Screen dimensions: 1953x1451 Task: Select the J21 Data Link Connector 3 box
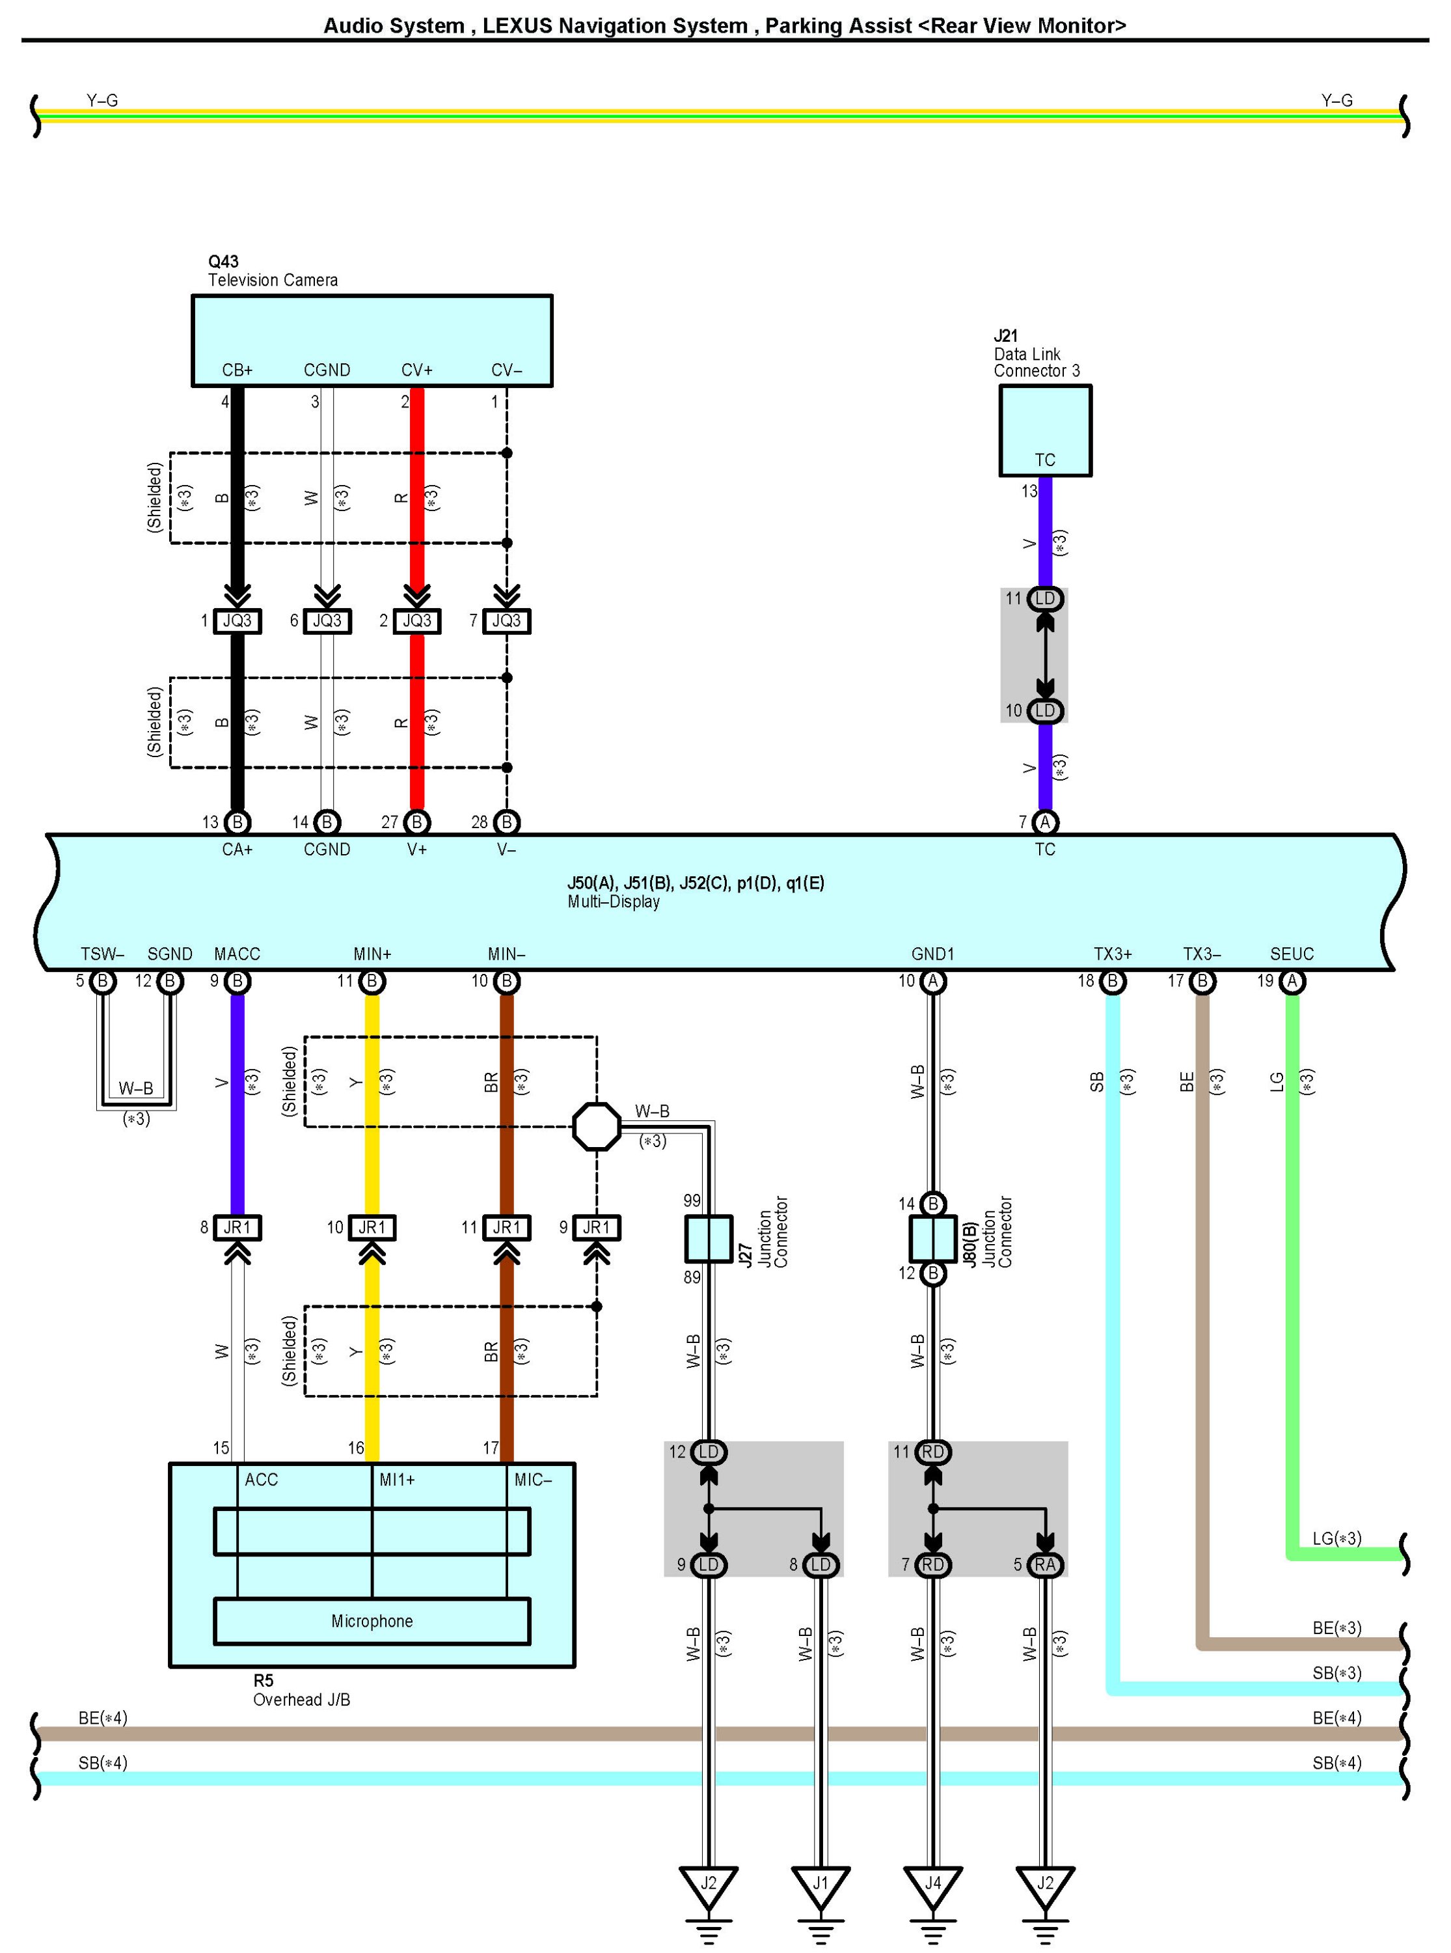coord(1044,430)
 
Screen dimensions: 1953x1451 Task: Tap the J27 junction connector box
coord(708,1239)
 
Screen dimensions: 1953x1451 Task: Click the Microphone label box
coord(372,1621)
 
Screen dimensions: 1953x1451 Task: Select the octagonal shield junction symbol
coord(597,1126)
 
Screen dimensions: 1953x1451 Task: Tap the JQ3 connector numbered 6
coord(327,621)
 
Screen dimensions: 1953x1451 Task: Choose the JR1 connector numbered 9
coord(597,1227)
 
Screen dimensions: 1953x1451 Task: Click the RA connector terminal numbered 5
coord(1044,1565)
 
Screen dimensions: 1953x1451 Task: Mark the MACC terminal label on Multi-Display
coord(237,954)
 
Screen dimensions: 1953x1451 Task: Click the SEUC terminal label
coord(1291,954)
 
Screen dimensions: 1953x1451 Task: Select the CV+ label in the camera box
coord(417,370)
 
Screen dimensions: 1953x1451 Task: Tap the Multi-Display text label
coord(613,902)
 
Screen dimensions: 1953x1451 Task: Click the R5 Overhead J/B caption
coord(301,1690)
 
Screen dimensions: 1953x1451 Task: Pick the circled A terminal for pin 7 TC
coord(1044,822)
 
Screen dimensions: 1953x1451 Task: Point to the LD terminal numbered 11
coord(1044,599)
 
